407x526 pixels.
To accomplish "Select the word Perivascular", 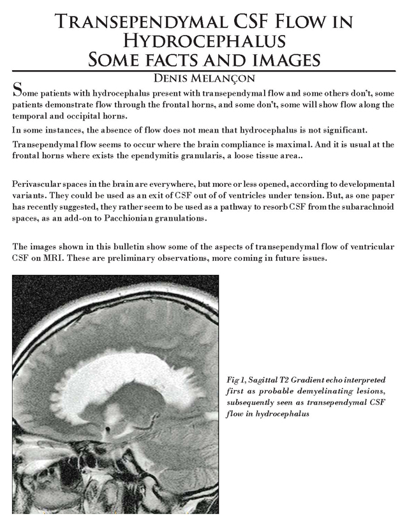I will pos(37,185).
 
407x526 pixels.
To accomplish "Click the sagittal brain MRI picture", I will pos(115,394).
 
